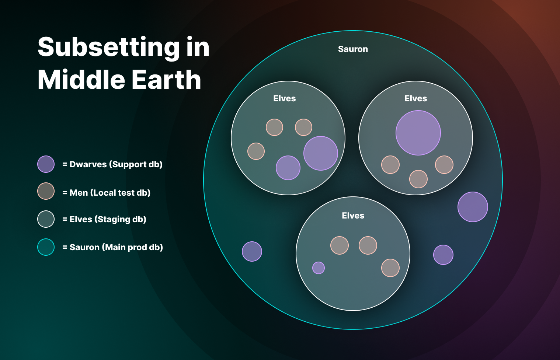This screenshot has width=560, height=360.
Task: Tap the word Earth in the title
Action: coord(166,80)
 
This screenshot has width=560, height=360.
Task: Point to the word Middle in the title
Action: coord(81,80)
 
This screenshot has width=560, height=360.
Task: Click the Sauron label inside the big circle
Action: coord(353,49)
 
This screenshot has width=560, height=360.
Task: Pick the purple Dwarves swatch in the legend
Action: coord(46,164)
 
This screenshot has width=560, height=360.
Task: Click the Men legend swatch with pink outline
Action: coord(46,191)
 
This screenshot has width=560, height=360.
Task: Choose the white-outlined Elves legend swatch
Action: coord(46,219)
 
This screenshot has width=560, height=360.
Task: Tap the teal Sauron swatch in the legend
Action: coord(46,247)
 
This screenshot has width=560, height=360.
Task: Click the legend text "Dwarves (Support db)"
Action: coord(116,164)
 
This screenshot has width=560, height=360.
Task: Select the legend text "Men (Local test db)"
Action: coord(110,193)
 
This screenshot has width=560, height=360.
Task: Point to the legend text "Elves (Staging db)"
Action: coord(108,219)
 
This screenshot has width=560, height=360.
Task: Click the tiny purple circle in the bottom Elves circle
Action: coord(319,268)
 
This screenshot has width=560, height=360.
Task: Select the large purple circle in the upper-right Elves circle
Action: coord(418,133)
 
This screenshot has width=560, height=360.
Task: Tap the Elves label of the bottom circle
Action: coord(353,216)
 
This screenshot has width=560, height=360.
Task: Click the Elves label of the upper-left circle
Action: coord(284,98)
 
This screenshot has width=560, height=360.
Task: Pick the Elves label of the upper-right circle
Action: coord(415,98)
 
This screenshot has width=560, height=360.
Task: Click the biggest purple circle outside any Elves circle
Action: coord(473,207)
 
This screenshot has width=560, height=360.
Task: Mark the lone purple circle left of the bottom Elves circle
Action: coord(252,252)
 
